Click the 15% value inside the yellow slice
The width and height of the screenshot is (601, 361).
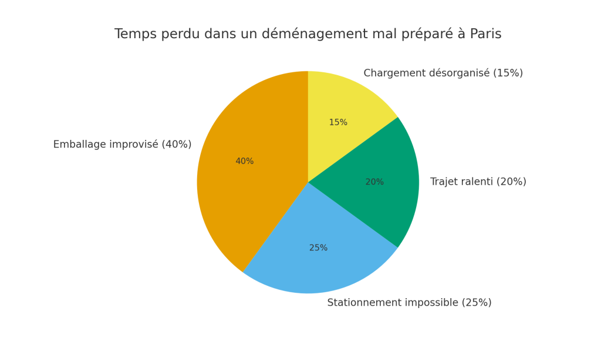[x=338, y=123]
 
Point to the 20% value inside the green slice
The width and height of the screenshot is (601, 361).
[x=374, y=182]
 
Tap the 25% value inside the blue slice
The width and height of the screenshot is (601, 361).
[x=318, y=248]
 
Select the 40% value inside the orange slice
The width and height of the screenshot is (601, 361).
[x=244, y=161]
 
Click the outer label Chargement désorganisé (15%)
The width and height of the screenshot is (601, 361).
[x=443, y=73]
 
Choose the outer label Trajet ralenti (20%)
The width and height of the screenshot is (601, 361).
[x=478, y=182]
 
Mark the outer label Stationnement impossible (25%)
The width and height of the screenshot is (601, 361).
[x=409, y=303]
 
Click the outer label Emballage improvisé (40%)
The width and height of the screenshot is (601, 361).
[x=122, y=145]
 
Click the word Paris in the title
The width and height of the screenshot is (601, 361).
[x=485, y=34]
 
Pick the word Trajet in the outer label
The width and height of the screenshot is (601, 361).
[x=445, y=182]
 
